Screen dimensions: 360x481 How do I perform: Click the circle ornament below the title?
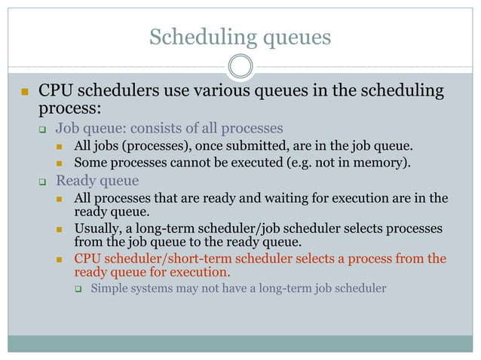click(240, 66)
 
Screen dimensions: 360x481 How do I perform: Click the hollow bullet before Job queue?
click(43, 128)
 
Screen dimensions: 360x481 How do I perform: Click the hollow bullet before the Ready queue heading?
click(43, 182)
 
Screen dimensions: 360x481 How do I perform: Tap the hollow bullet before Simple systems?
click(78, 288)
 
